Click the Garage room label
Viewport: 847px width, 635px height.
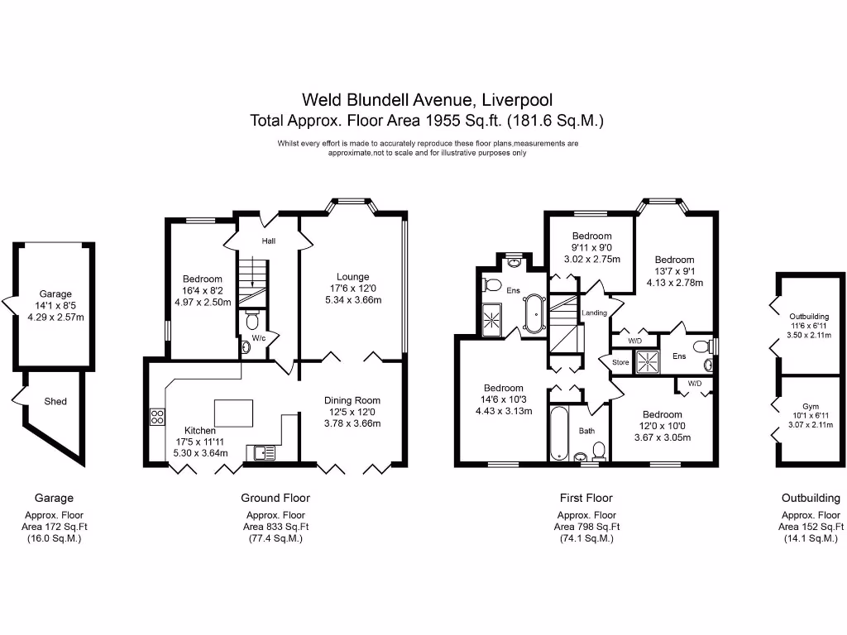(55, 294)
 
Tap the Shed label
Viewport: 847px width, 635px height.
(55, 402)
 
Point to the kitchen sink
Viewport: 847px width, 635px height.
(264, 451)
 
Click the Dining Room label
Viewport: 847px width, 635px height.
(352, 400)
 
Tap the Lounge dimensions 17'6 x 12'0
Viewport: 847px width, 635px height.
(352, 289)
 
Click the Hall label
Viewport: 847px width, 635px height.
(269, 241)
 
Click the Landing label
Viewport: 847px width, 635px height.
(594, 313)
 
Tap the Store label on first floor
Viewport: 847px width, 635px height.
(620, 362)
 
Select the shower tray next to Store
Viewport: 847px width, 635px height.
(649, 360)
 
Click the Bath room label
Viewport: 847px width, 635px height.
(586, 431)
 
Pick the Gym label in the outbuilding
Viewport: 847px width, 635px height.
(809, 406)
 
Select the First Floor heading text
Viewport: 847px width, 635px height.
(586, 498)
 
